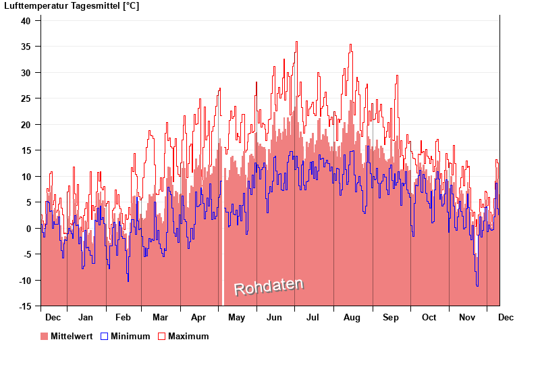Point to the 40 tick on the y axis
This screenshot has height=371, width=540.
click(x=26, y=20)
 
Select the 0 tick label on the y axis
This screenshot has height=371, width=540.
click(x=28, y=229)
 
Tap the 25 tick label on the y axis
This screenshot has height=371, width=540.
click(x=26, y=98)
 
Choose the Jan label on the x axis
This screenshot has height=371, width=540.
click(x=86, y=317)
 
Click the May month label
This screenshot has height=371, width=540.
click(x=236, y=317)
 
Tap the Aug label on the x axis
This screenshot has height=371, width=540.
click(x=352, y=317)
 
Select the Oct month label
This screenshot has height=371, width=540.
click(x=429, y=317)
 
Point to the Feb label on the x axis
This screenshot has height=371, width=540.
click(x=123, y=317)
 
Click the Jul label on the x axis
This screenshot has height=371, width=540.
click(x=313, y=317)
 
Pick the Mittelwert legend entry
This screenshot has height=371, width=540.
click(x=70, y=336)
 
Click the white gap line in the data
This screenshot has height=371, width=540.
click(x=223, y=270)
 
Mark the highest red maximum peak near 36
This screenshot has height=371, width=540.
click(x=296, y=42)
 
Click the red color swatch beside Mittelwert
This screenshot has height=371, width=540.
click(x=45, y=336)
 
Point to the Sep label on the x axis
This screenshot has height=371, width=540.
click(x=391, y=317)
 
